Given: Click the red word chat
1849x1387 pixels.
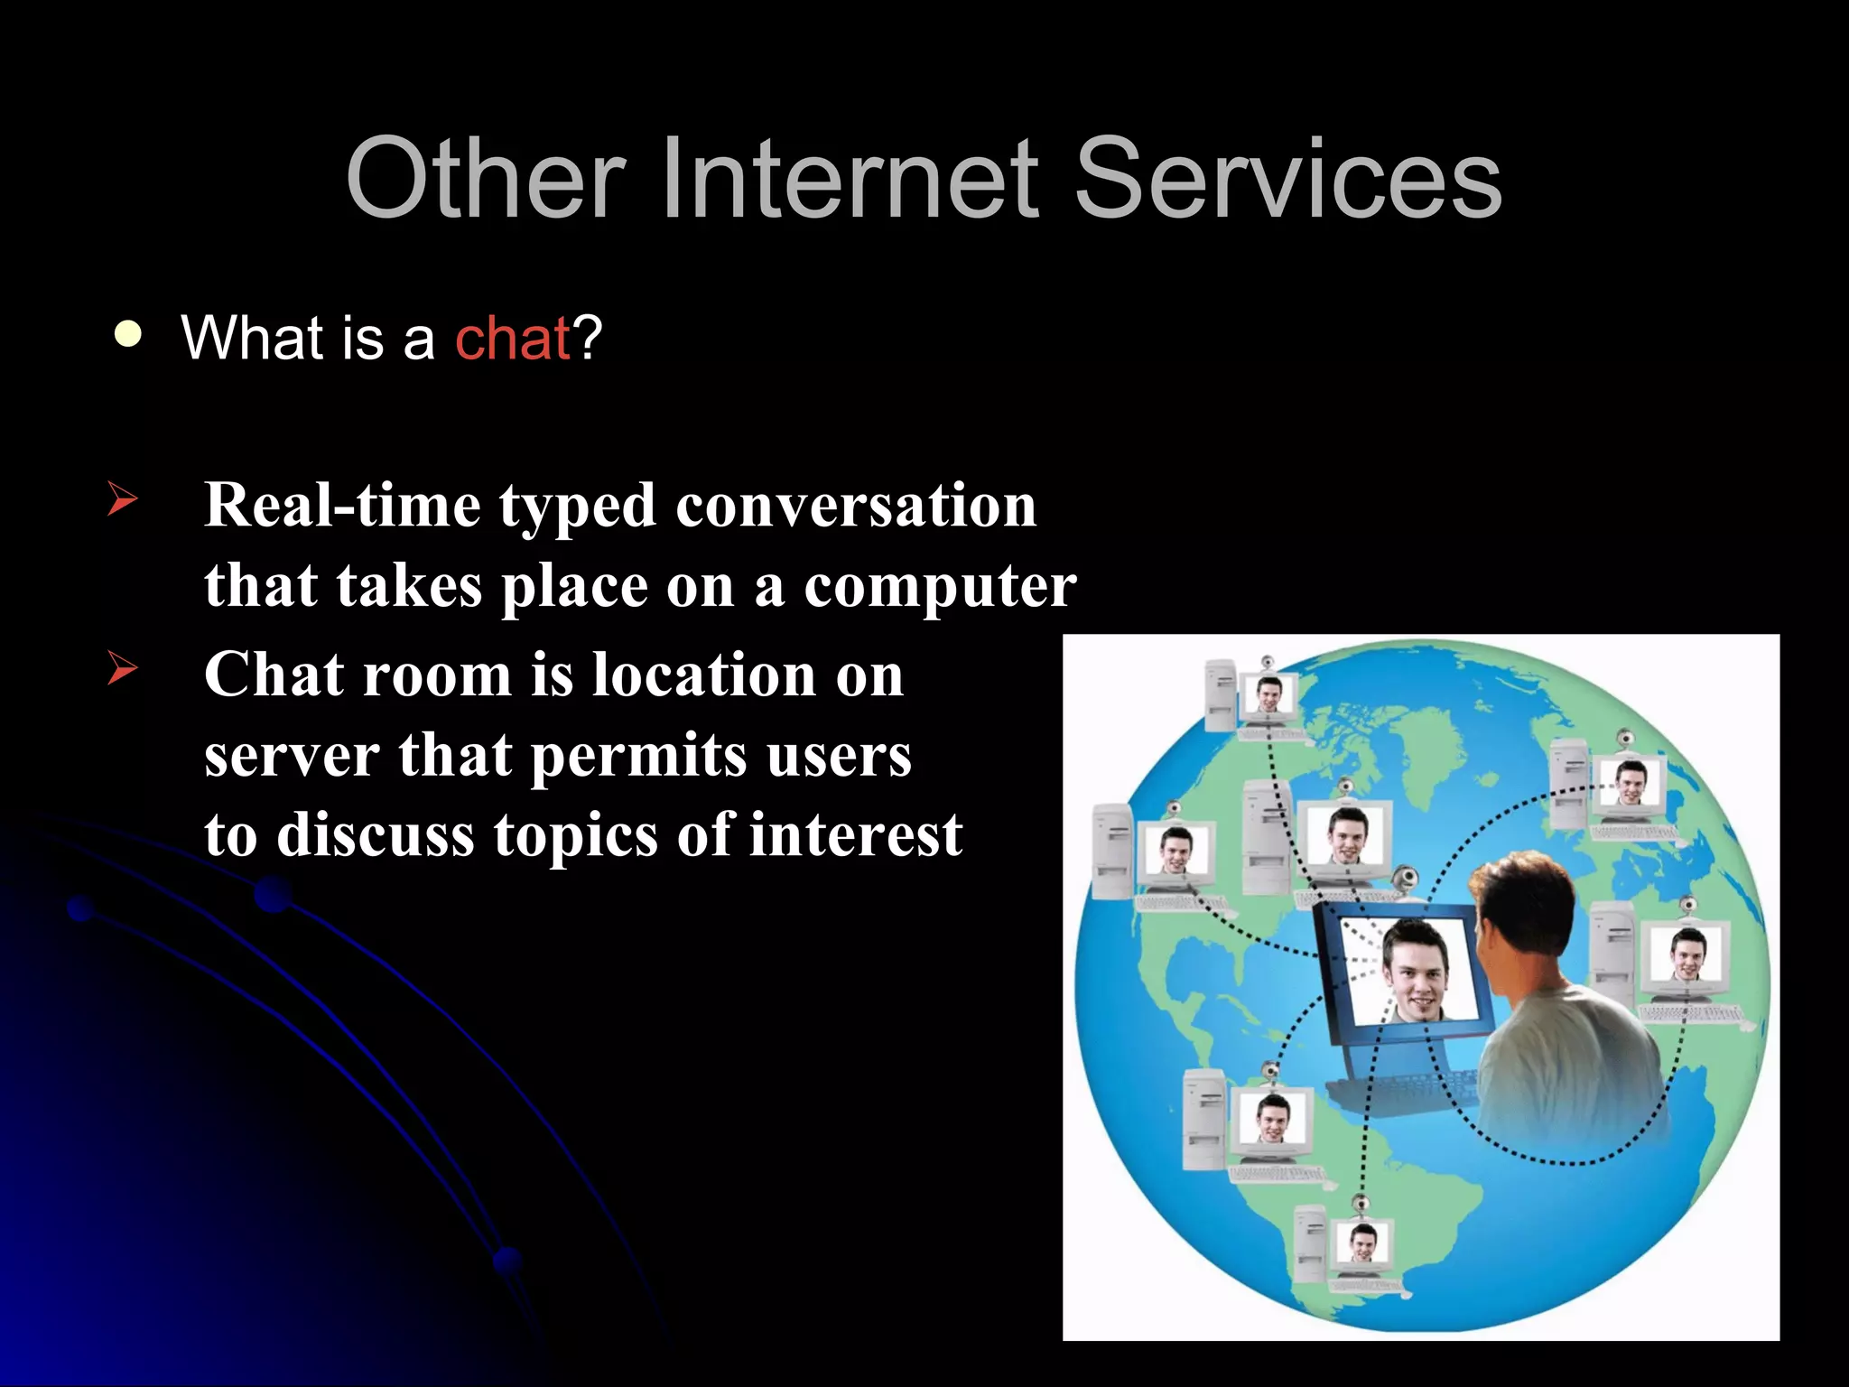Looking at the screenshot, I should coord(512,339).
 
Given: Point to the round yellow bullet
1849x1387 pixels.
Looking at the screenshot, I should coord(128,334).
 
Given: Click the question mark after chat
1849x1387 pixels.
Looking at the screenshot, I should coord(588,339).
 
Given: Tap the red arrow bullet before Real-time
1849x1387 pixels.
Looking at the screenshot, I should coord(122,498).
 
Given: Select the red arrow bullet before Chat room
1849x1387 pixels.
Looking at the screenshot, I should coord(122,668).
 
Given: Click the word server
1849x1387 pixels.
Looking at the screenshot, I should coord(291,755).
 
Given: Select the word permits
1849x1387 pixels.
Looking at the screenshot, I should coord(638,755).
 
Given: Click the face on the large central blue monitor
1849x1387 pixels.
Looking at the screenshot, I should coord(1415,971).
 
